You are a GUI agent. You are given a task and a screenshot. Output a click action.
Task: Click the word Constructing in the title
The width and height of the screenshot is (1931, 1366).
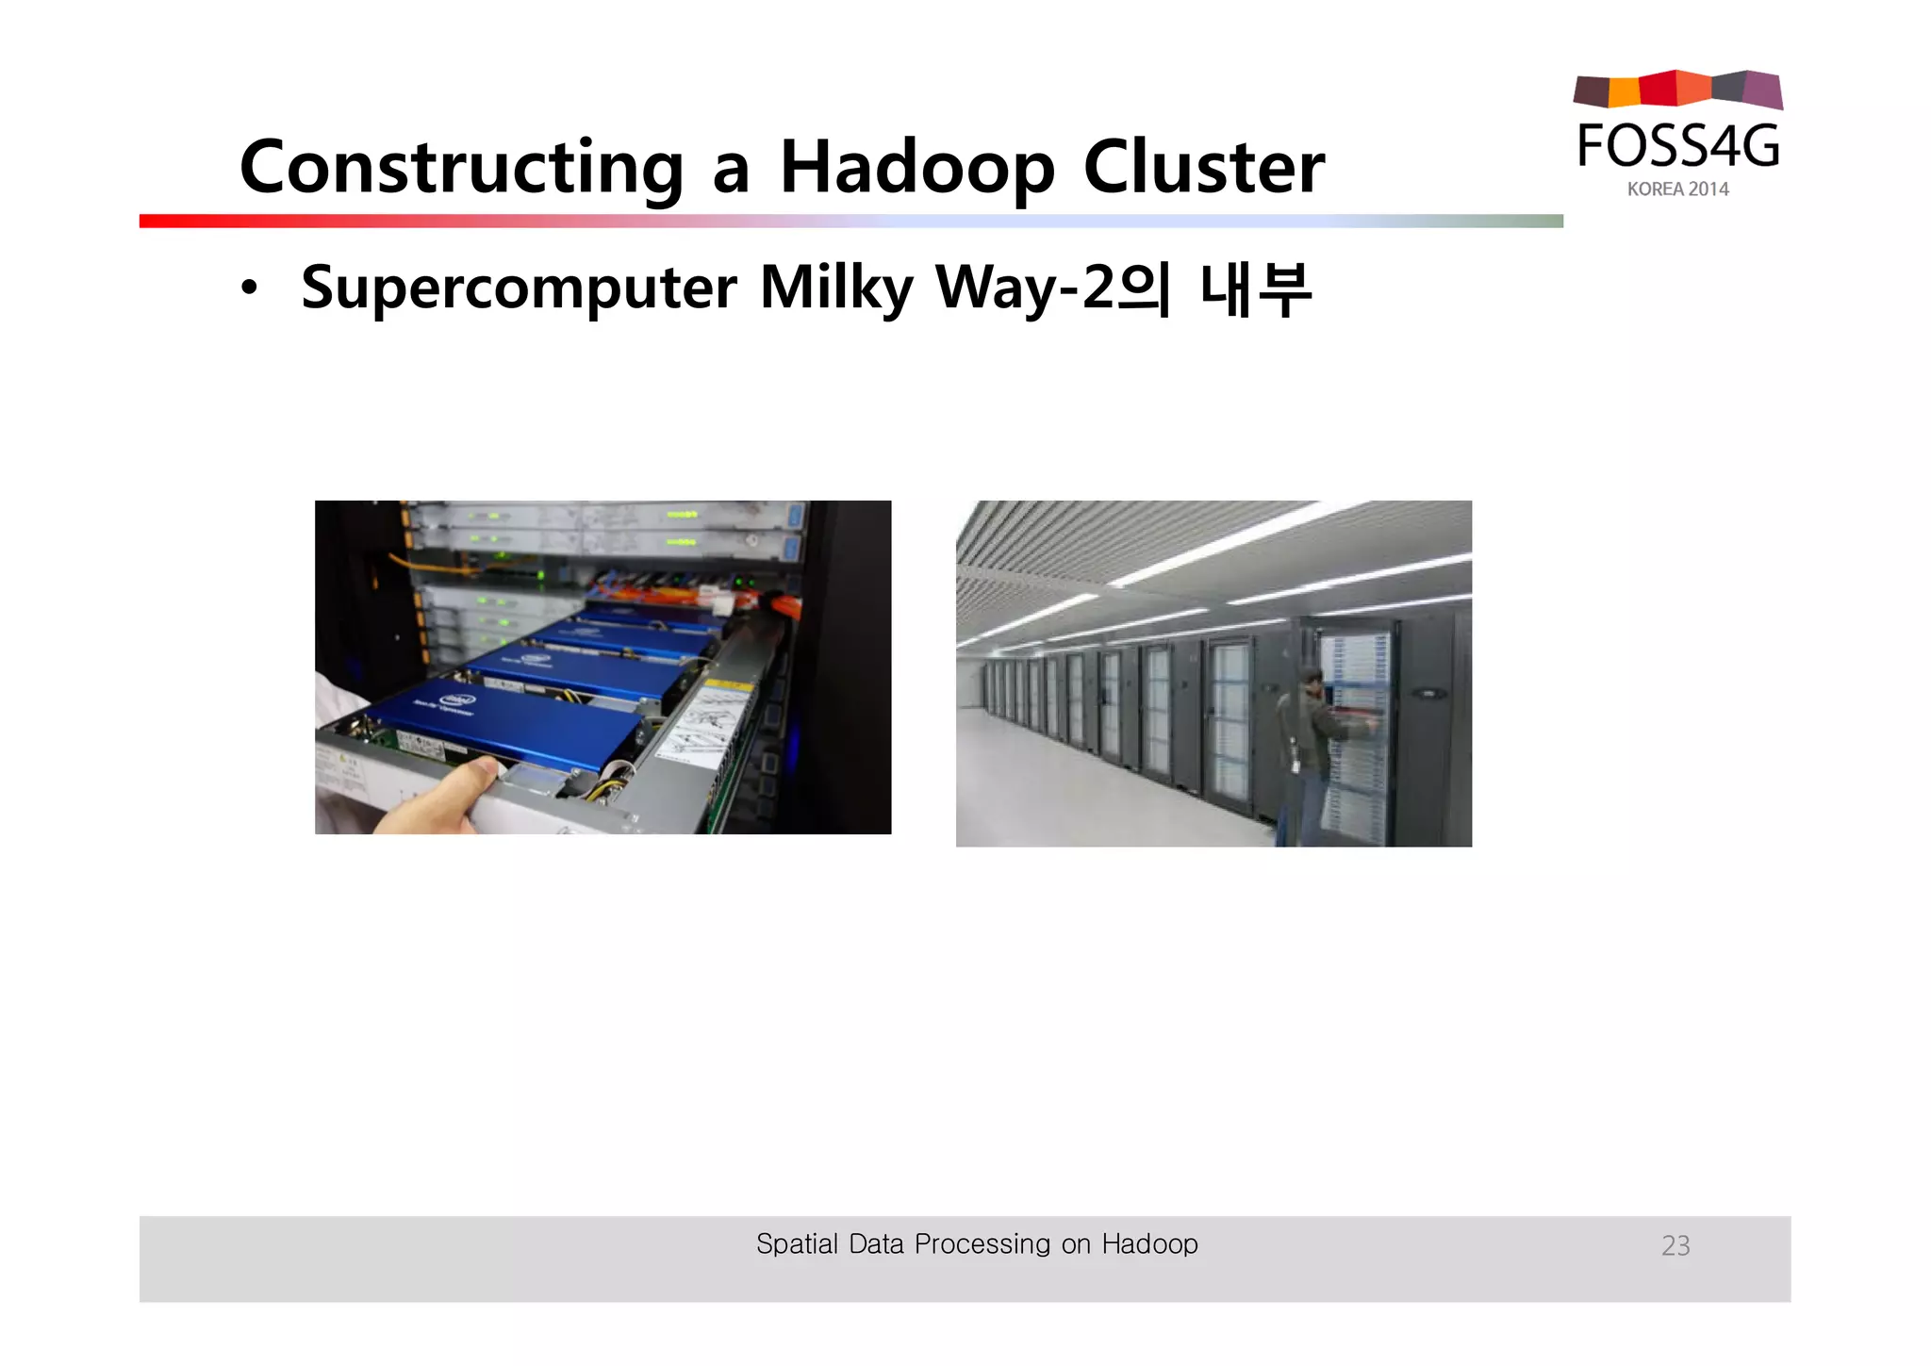[x=460, y=168]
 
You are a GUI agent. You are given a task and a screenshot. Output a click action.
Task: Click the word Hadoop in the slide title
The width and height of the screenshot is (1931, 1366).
[x=916, y=168]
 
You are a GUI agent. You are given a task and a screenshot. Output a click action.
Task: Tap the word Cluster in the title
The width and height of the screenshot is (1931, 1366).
[x=1204, y=168]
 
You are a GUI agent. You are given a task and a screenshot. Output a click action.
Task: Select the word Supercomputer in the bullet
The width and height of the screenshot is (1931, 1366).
[x=519, y=288]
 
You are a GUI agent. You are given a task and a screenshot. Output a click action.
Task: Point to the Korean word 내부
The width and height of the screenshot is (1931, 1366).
[x=1255, y=288]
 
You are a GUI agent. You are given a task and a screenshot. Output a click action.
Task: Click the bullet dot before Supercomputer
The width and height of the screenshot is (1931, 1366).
[x=248, y=288]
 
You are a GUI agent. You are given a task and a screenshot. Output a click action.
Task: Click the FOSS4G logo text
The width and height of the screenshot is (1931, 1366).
[x=1677, y=147]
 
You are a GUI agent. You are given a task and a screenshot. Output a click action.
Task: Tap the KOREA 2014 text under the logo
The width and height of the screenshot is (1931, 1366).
[x=1677, y=189]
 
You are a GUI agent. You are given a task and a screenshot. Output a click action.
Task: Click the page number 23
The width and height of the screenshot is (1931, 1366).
[x=1675, y=1245]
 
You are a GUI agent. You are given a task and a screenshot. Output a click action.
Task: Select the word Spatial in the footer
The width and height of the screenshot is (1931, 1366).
[x=797, y=1244]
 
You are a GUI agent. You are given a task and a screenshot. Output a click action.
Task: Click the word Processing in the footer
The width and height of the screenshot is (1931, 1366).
[x=982, y=1244]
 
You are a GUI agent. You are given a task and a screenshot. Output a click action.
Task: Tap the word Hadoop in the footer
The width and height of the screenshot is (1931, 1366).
[x=1149, y=1244]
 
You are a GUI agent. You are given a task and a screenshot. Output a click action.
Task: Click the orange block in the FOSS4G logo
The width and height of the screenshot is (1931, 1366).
[x=1624, y=91]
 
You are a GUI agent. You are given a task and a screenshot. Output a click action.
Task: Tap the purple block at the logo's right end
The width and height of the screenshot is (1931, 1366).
[x=1763, y=91]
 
